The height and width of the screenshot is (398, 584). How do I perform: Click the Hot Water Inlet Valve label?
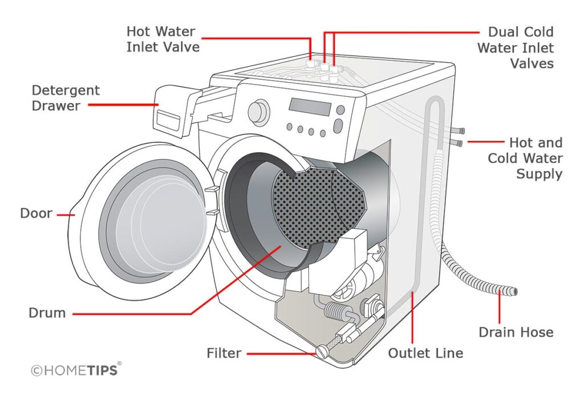[163, 38]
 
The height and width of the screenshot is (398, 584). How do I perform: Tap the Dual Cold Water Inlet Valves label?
[515, 47]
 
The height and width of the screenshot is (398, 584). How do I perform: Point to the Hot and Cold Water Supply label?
[525, 158]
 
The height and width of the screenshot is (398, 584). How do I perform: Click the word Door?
[36, 214]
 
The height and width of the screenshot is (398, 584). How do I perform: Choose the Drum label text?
[47, 313]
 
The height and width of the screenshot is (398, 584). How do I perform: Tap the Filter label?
[224, 354]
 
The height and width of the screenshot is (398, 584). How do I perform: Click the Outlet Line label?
[425, 353]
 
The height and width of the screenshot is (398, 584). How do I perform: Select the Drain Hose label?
[516, 331]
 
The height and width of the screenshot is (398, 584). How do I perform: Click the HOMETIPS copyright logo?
[75, 370]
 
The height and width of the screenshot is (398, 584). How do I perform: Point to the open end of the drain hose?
[514, 292]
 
